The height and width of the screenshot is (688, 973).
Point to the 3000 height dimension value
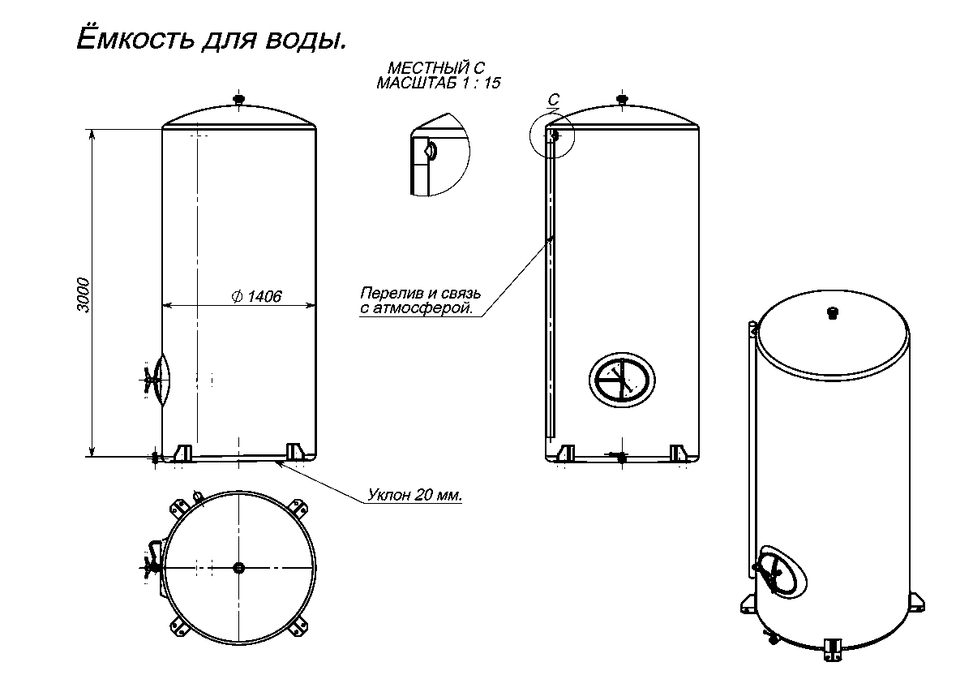[83, 295]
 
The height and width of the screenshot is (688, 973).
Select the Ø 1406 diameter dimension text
[257, 296]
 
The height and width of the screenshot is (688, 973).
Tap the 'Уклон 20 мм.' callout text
[415, 495]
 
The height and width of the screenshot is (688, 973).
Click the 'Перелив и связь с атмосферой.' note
[421, 300]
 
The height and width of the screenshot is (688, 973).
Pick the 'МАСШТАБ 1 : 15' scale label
[439, 83]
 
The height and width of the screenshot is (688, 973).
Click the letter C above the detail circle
[553, 100]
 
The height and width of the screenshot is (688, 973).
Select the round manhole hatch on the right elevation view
[622, 381]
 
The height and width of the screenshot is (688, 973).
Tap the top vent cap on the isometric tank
[833, 313]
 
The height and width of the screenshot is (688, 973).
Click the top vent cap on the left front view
[239, 99]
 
